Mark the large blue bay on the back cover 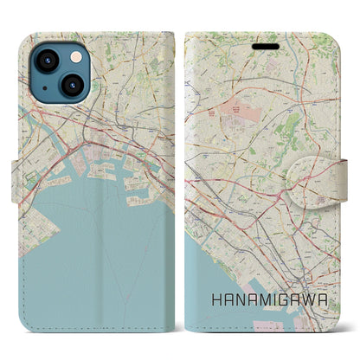[87, 251]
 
